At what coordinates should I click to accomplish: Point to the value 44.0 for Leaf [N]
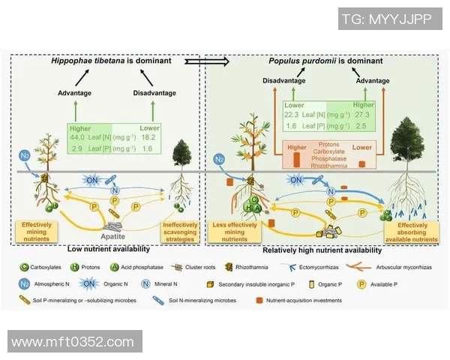click(78, 139)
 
